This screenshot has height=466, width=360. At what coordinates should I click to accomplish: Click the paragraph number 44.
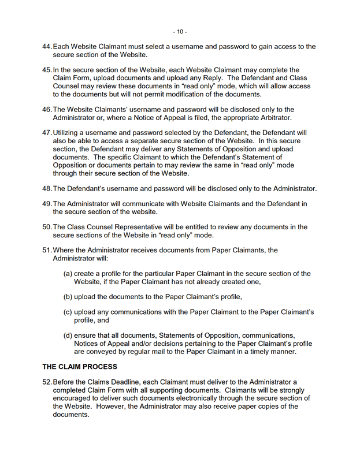pyautogui.click(x=47, y=47)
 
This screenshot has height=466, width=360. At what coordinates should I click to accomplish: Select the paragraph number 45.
pyautogui.click(x=47, y=70)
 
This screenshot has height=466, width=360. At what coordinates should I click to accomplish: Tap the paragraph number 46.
pyautogui.click(x=47, y=110)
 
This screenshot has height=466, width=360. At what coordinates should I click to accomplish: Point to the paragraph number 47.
pyautogui.click(x=47, y=133)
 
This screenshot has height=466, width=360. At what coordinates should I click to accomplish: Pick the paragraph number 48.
pyautogui.click(x=47, y=189)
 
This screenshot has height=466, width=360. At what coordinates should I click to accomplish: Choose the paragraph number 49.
pyautogui.click(x=47, y=204)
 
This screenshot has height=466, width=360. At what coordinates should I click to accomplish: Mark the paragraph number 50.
pyautogui.click(x=47, y=227)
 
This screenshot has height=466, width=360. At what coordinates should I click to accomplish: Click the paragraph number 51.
pyautogui.click(x=47, y=250)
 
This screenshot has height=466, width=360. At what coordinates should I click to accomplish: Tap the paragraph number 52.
pyautogui.click(x=47, y=382)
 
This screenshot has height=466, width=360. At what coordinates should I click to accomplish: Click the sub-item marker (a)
pyautogui.click(x=68, y=274)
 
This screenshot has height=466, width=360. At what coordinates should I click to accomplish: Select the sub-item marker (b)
pyautogui.click(x=68, y=297)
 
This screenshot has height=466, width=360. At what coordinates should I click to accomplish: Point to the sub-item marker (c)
pyautogui.click(x=68, y=312)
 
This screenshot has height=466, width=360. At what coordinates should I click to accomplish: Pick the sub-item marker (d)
pyautogui.click(x=68, y=335)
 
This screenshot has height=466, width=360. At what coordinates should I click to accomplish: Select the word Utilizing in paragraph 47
pyautogui.click(x=68, y=133)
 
